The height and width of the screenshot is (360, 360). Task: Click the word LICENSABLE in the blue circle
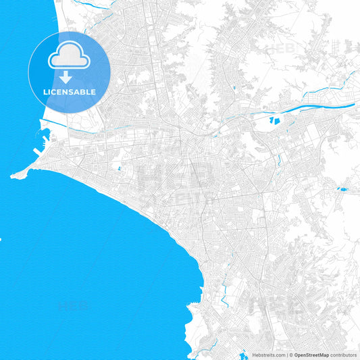point(70,92)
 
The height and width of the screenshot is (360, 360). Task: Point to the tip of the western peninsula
point(12,176)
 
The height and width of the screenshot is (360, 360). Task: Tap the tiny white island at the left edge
point(1,238)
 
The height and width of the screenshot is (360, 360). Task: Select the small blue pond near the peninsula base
point(119,168)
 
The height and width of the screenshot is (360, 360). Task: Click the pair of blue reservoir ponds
point(274,120)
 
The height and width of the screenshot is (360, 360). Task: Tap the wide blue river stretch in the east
point(317,102)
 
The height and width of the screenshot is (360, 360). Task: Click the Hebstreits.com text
point(269,355)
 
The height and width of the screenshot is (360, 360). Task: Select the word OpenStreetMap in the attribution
point(310,355)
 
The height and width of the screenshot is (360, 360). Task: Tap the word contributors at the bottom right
point(343,355)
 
